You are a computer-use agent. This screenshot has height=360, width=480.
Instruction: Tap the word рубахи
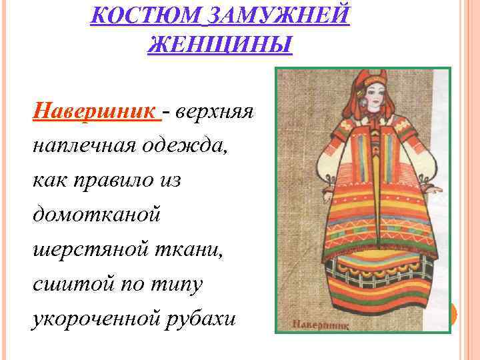pyautogui.click(x=200, y=317)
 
